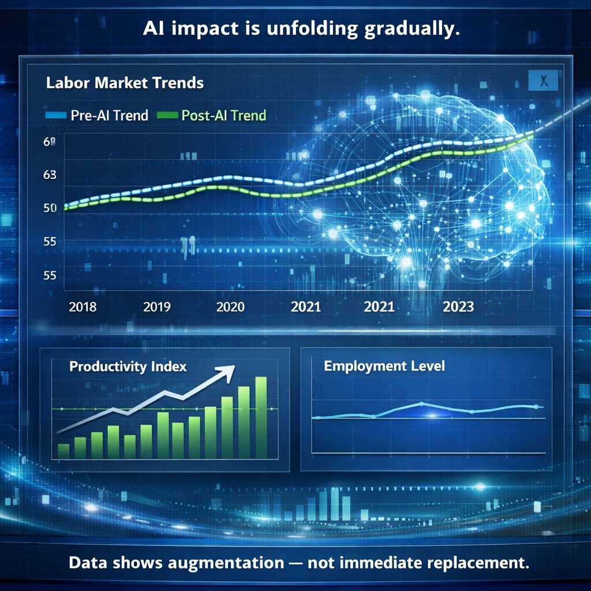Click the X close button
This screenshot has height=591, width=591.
[543, 81]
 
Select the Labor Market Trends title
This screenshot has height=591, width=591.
[124, 83]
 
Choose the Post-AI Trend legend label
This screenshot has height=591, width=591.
[223, 115]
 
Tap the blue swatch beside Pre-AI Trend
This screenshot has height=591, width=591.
[55, 115]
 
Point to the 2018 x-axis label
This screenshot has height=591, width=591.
[83, 306]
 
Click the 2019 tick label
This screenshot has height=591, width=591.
[156, 306]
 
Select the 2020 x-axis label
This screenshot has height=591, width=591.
[230, 306]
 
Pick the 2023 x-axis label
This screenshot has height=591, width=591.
[458, 306]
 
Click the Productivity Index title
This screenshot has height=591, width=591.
[128, 367]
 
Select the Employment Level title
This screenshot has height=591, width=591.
[384, 366]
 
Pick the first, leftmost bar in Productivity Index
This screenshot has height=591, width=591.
[63, 451]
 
